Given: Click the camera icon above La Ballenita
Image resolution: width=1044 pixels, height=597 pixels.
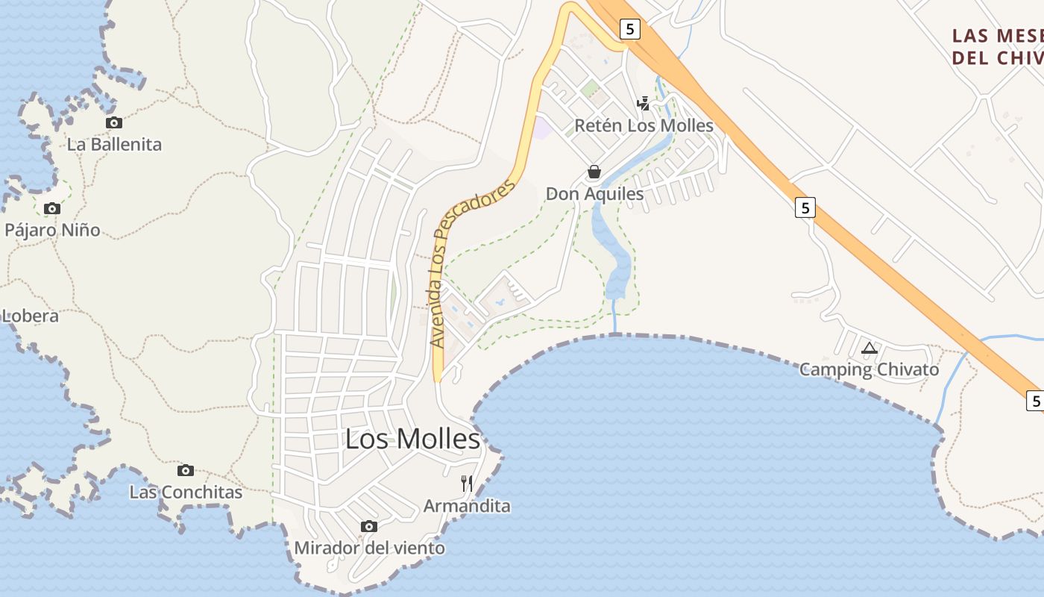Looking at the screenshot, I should tap(113, 122).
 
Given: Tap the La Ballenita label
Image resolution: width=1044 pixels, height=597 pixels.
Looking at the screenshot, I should tap(114, 144).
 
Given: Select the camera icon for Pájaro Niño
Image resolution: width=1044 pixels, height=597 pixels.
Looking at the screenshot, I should tap(51, 208).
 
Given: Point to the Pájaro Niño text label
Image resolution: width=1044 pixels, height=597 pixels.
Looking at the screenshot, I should tap(52, 230).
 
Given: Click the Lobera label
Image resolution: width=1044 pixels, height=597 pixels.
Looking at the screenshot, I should tap(30, 316).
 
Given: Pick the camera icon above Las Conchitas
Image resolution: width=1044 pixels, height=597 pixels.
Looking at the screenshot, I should tap(186, 470).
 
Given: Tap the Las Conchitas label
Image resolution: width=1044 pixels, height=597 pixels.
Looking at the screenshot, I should tap(186, 493).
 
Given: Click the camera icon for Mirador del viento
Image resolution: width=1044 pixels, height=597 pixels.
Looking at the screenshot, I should tap(368, 526).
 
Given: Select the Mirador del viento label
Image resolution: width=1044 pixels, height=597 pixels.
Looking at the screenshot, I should tap(369, 548).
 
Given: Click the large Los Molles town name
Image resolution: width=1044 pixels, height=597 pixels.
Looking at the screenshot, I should tap(412, 439).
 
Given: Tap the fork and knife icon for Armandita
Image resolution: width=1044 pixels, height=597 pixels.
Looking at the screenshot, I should tap(467, 484).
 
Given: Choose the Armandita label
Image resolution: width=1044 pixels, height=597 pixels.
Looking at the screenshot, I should tap(467, 506).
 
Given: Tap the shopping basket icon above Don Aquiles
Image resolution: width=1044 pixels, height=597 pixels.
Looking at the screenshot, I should tap(594, 172).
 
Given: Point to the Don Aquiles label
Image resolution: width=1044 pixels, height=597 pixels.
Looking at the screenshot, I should tap(594, 194).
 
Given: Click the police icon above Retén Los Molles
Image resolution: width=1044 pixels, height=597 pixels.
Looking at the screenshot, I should tap(644, 104).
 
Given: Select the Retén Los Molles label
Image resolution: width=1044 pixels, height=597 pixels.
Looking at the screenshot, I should tap(644, 125).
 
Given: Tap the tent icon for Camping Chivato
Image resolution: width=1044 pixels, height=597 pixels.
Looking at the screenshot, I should tap(869, 348).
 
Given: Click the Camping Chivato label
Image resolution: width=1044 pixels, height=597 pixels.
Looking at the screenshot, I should tap(869, 369).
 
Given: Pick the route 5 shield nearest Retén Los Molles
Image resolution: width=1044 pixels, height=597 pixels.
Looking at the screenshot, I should tap(630, 29).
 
